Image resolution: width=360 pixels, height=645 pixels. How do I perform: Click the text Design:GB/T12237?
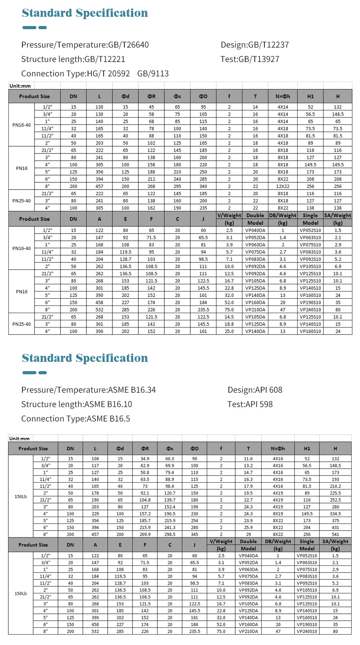[x=254, y=45]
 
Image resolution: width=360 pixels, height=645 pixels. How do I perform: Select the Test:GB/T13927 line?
[x=250, y=59]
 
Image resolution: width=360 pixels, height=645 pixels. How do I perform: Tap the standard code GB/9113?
[x=153, y=74]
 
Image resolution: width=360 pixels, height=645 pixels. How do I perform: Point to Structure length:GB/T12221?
[x=73, y=59]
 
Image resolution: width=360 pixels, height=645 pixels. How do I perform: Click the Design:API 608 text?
[x=255, y=390]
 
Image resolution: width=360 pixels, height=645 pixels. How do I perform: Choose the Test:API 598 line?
[x=250, y=404]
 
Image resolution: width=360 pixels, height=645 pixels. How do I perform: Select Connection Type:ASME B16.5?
[x=76, y=419]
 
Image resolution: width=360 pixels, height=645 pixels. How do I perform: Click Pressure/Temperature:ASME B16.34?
[x=88, y=390]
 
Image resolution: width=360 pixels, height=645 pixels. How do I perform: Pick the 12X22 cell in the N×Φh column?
[x=283, y=186]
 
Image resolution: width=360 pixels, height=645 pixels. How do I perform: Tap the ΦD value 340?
[x=203, y=186]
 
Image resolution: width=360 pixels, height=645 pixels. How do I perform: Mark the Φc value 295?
[x=177, y=186]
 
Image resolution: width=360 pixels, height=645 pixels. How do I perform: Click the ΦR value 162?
[x=151, y=208]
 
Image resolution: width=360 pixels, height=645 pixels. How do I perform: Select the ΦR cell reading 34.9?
[x=145, y=459]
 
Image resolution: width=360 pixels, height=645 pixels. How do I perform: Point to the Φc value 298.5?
[x=170, y=534]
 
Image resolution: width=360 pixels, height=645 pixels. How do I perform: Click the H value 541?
[x=335, y=534]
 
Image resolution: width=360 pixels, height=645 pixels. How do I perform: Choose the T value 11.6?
[x=248, y=459]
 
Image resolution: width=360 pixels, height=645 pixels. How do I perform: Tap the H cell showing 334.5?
[x=335, y=514]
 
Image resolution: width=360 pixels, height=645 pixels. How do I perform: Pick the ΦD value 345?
[x=194, y=534]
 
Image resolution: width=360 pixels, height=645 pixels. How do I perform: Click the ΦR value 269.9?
[x=145, y=534]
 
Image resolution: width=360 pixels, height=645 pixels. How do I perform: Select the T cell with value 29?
[x=248, y=534]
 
